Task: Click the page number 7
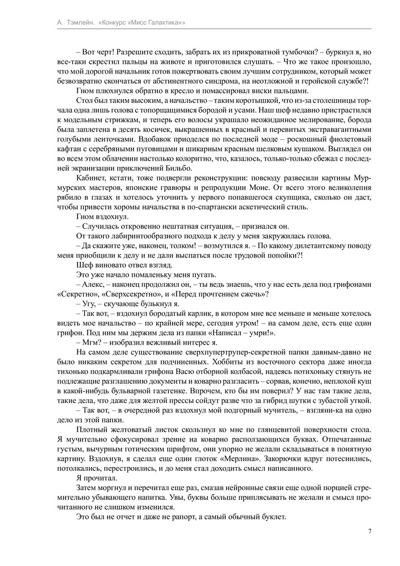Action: [369, 530]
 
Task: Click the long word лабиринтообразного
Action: [135, 235]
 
